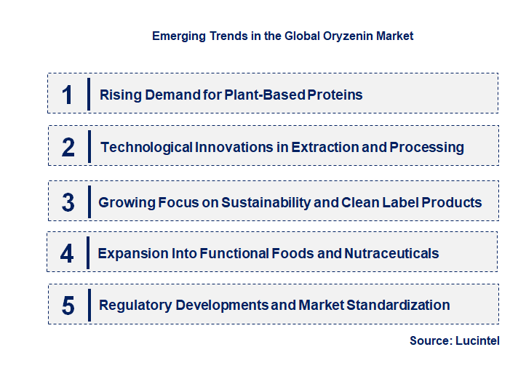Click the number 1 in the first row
point(68,95)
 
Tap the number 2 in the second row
point(68,147)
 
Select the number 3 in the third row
point(68,202)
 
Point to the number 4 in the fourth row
point(68,253)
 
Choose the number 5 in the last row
point(68,306)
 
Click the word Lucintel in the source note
point(477,340)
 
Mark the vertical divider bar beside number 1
point(88,94)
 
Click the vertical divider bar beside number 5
point(88,304)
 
